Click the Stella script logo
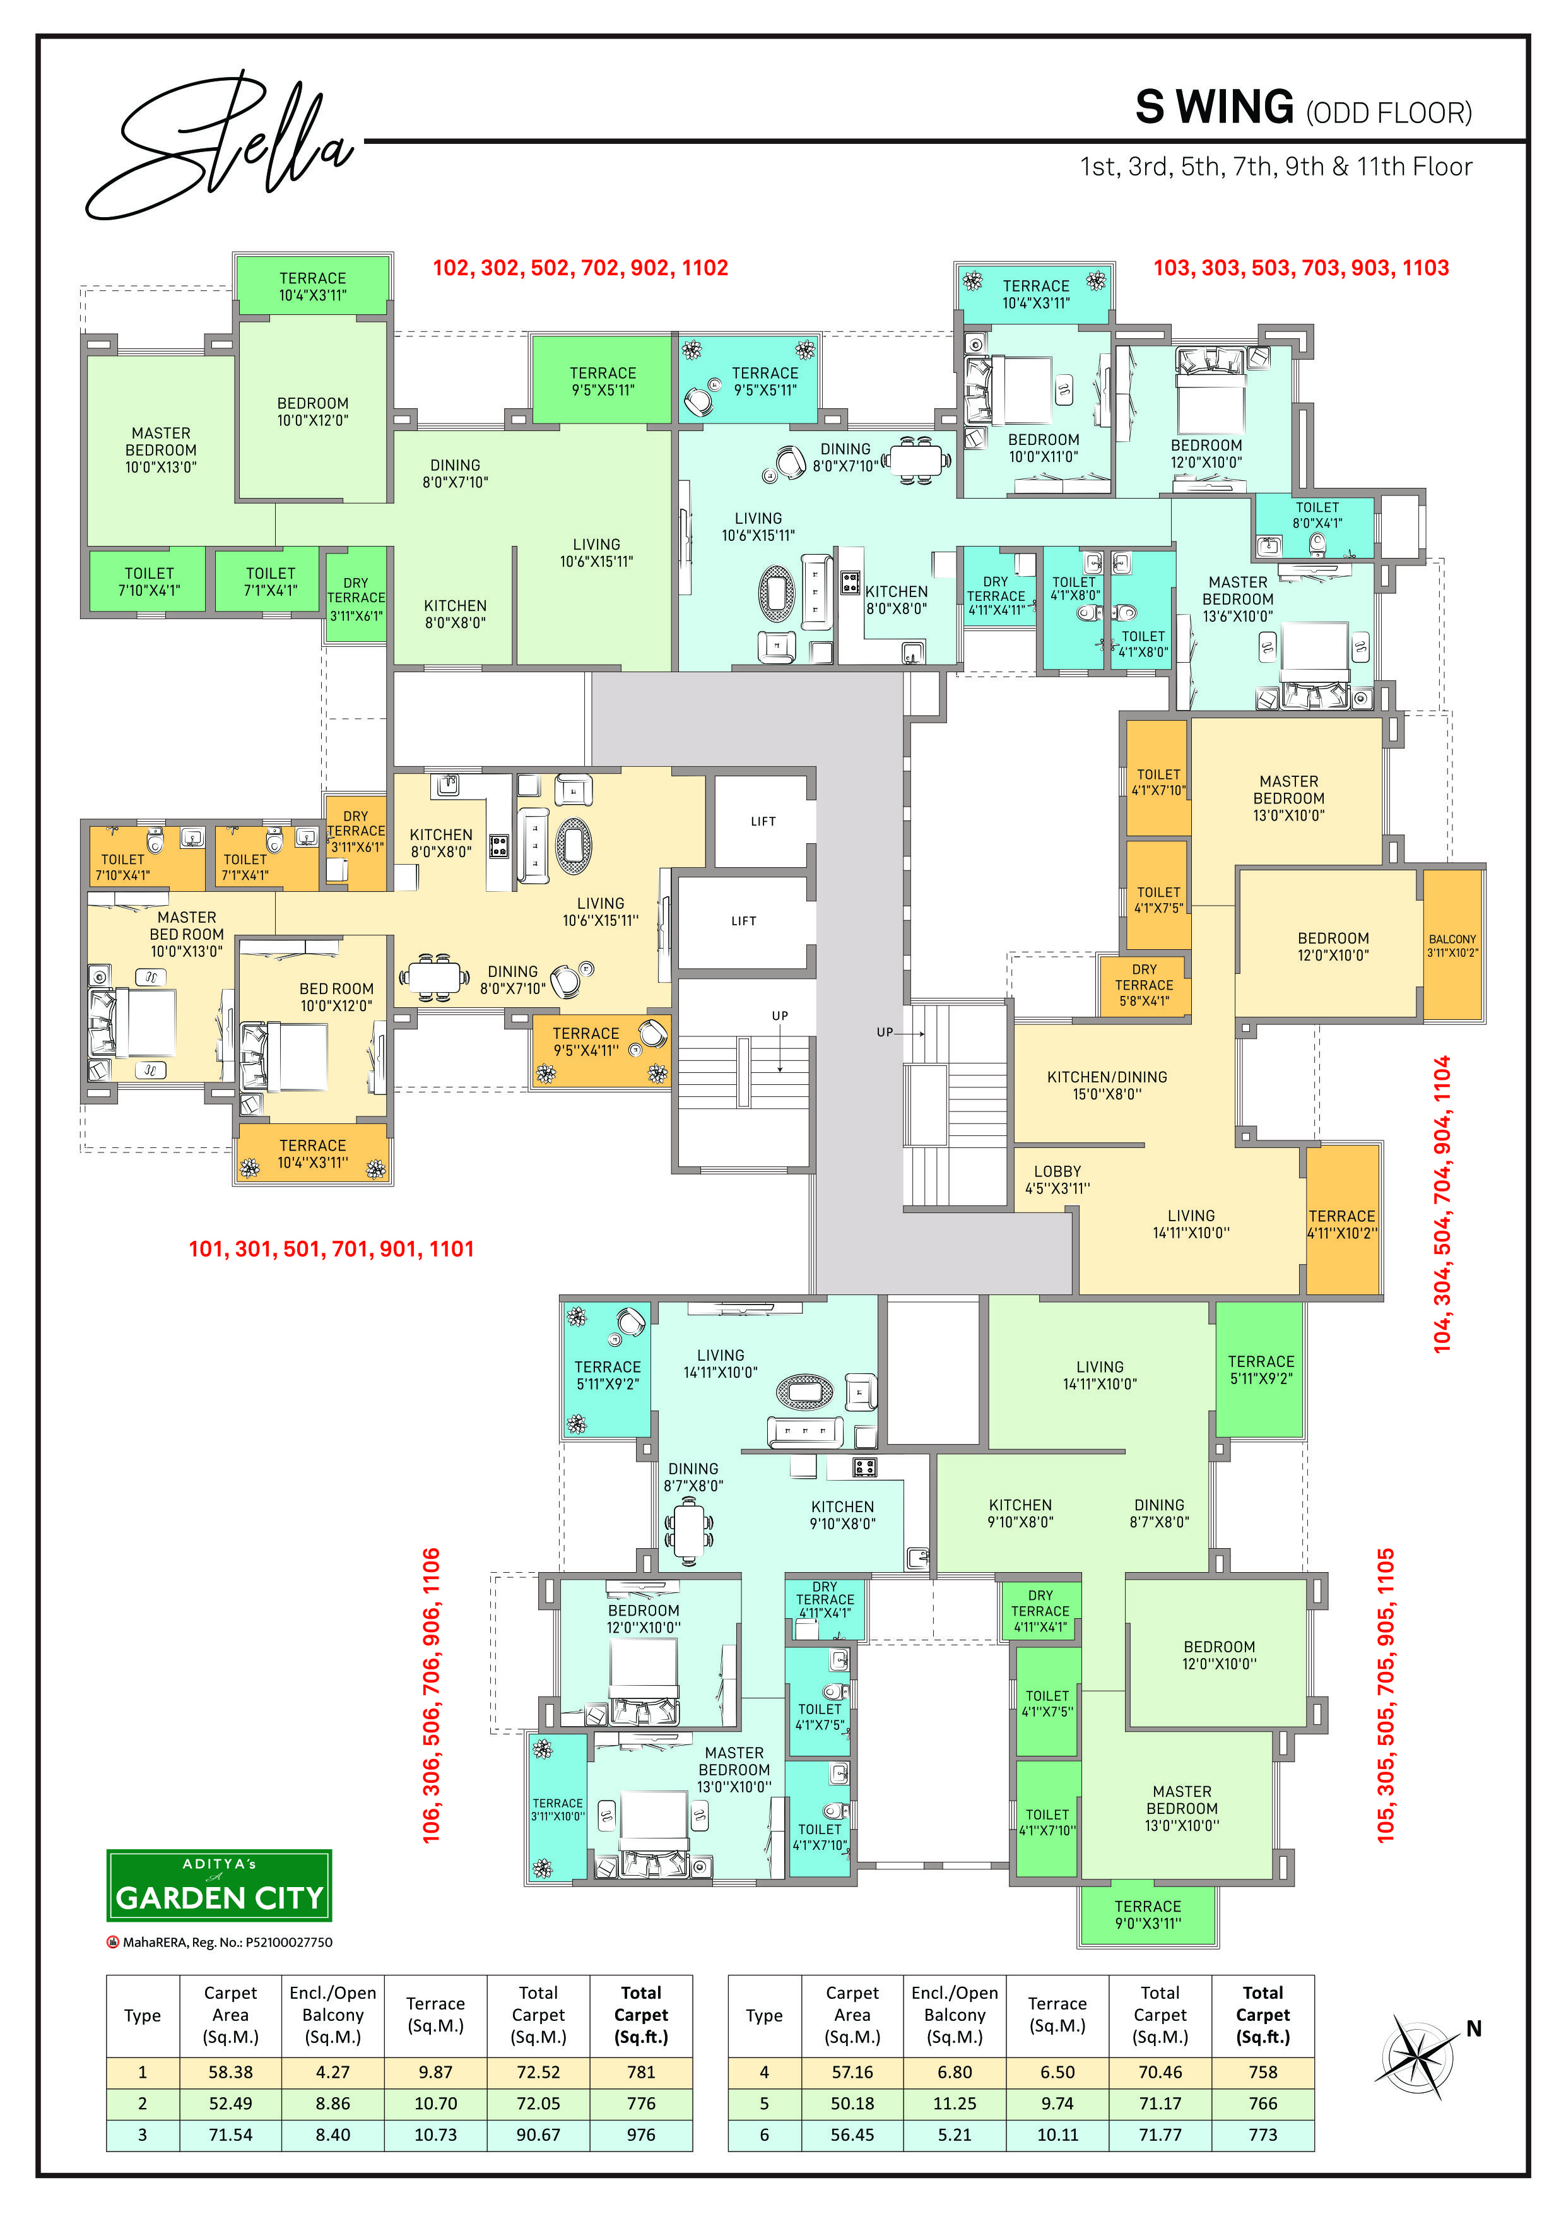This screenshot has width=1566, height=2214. click(x=222, y=145)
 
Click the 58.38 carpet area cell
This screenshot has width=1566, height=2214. click(x=230, y=2071)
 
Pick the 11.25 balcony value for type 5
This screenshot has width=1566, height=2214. click(x=955, y=2103)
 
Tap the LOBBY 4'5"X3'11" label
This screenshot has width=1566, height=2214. click(x=1058, y=1180)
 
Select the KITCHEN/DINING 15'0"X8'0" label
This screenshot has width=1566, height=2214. click(x=1107, y=1085)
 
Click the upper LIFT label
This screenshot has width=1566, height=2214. click(x=763, y=822)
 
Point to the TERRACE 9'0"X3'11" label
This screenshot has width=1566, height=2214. click(x=1148, y=1914)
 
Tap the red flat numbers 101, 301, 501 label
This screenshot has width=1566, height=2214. click(x=331, y=1249)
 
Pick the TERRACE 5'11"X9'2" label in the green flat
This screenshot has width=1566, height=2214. click(x=1261, y=1370)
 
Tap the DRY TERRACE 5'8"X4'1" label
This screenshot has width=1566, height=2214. click(x=1145, y=985)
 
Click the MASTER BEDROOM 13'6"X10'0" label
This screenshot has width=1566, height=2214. click(x=1238, y=599)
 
